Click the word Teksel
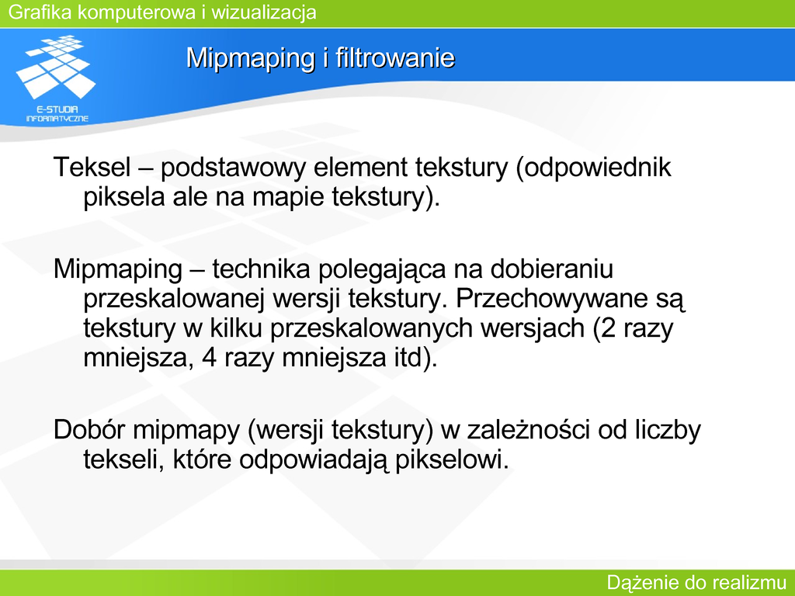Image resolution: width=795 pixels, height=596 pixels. coord(92,167)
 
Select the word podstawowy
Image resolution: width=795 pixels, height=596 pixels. coord(233,168)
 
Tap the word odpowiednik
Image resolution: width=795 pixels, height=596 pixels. coord(598,168)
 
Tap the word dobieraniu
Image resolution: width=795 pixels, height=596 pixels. coord(552,268)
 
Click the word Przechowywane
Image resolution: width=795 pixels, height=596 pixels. coord(552,300)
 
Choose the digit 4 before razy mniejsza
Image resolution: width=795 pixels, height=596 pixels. coord(210,359)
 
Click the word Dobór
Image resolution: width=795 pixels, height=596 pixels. coord(89,429)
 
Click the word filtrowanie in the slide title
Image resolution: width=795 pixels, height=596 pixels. coord(395,57)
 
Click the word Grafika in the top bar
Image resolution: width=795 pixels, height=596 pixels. coord(40,12)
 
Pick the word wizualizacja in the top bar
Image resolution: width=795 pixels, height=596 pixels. coord(264,12)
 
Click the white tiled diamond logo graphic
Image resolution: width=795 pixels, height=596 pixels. coord(56,67)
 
